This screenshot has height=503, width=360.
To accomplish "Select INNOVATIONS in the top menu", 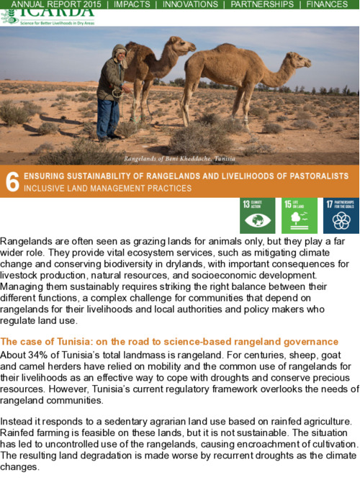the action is click(x=190, y=4).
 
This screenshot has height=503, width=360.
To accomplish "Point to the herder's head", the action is click(x=120, y=52).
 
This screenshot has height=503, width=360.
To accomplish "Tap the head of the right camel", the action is click(x=300, y=60).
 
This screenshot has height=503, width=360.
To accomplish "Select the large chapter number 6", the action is click(x=12, y=183).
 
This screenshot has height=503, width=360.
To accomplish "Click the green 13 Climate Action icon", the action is click(x=257, y=215).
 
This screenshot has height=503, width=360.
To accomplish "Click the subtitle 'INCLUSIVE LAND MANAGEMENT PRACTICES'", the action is click(x=108, y=189).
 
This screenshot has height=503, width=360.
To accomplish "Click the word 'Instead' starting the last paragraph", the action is click(x=19, y=420).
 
